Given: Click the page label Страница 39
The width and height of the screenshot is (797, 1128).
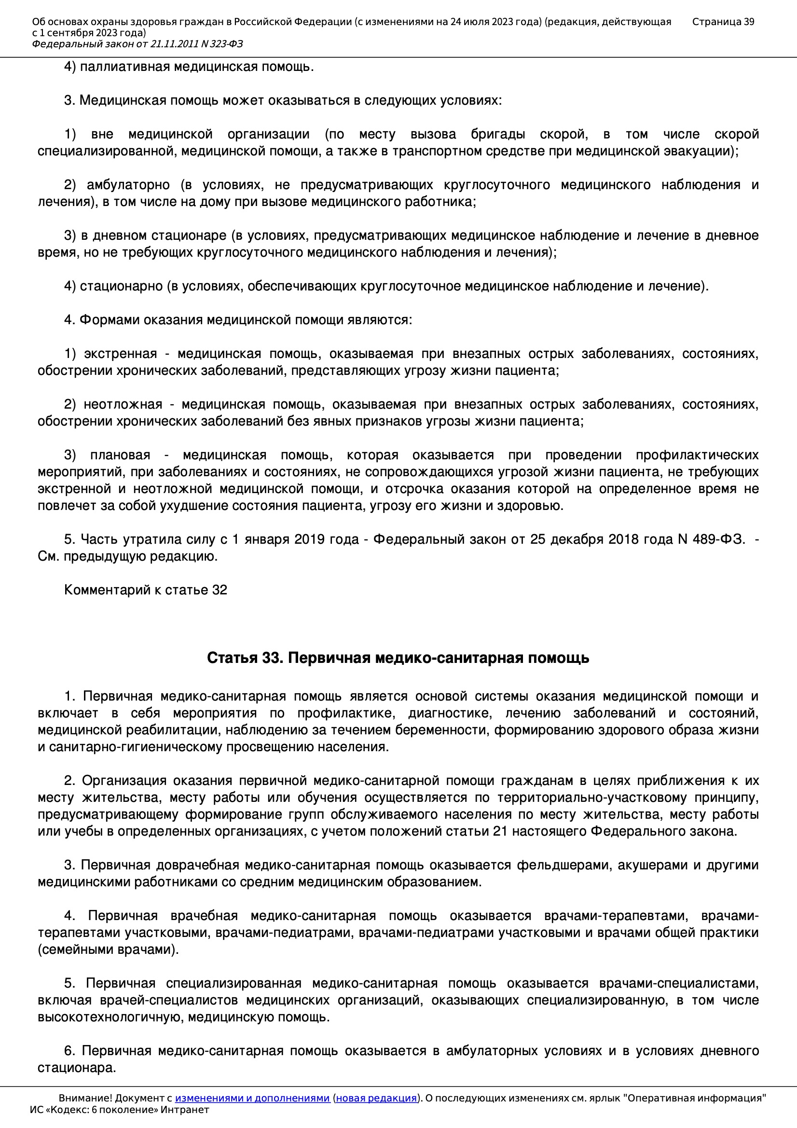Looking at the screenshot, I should tap(723, 22).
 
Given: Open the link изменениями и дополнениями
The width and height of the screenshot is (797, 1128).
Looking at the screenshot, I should tap(252, 1098).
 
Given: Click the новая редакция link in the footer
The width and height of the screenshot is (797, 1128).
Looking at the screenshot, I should tap(376, 1098).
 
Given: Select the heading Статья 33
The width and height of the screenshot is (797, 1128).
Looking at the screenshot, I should tap(245, 657).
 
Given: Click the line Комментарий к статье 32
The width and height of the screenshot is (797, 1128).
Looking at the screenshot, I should tap(145, 590).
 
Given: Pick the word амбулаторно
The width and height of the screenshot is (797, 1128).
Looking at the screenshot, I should tap(128, 185).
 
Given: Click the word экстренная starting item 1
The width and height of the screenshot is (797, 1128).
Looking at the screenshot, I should tap(121, 353).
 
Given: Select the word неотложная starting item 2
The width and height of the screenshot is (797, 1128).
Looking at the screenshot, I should tap(123, 404).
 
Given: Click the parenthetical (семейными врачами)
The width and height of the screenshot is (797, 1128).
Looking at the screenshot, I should tap(108, 949).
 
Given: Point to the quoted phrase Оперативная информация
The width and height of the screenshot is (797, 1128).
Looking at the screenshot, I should tap(695, 1098).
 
